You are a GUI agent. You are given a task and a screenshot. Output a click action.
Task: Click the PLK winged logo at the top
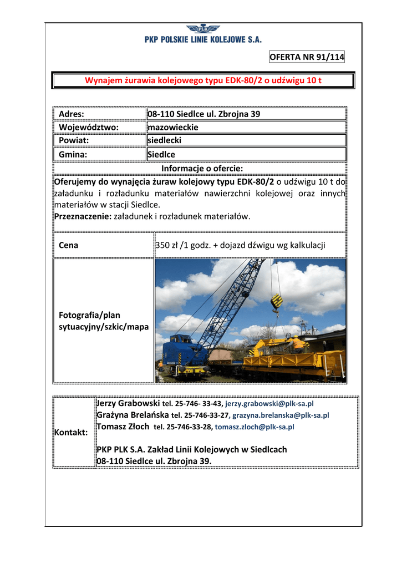[x=203, y=29]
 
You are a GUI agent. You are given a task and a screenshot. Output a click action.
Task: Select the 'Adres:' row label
[x=72, y=114]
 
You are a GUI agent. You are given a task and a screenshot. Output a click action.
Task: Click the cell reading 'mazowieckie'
[x=173, y=127]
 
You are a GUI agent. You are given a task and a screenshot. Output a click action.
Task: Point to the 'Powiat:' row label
[x=74, y=140]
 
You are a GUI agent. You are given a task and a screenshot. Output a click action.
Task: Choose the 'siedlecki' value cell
[x=164, y=140]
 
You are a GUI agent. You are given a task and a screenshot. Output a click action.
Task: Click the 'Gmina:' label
[x=73, y=155]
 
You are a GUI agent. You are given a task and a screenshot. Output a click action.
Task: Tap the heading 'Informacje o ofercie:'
[x=202, y=168]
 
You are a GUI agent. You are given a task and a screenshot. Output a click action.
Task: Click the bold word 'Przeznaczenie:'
[x=83, y=216]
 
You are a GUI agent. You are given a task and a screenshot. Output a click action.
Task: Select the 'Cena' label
[x=68, y=245]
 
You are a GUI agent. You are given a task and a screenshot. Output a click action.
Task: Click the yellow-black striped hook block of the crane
[x=276, y=301]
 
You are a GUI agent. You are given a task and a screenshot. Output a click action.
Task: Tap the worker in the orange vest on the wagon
[x=297, y=343]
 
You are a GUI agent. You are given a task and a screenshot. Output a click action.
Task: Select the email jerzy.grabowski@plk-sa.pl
[x=269, y=404]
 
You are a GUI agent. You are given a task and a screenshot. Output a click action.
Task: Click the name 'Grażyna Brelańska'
[x=133, y=414]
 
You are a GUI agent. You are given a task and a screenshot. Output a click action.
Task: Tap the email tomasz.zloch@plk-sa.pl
[x=255, y=427]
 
